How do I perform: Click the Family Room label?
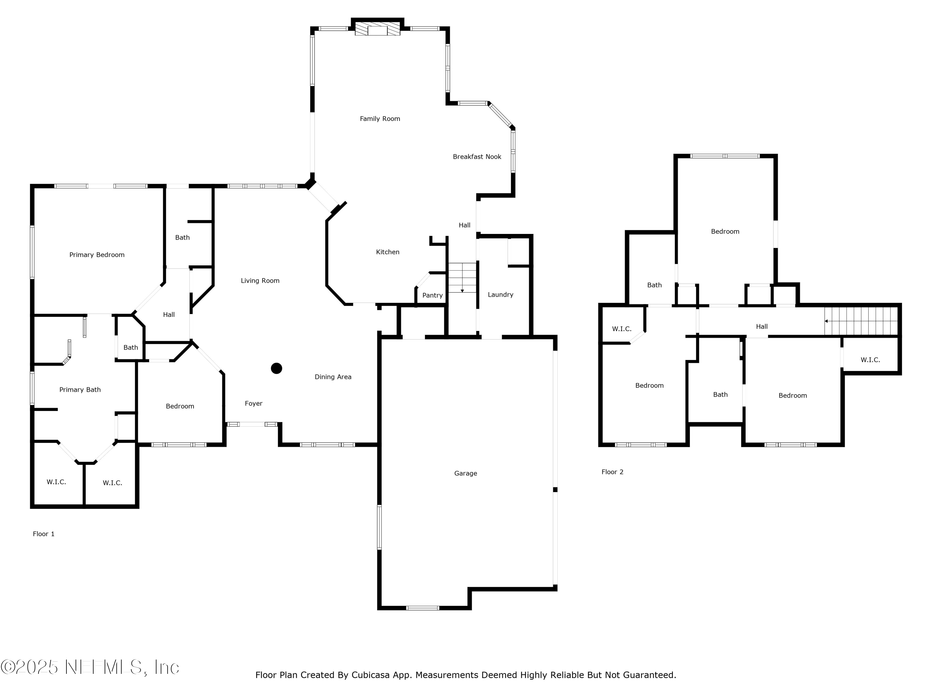click(x=380, y=119)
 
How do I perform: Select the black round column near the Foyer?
click(x=276, y=368)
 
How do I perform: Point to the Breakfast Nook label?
click(x=477, y=157)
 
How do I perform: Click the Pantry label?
click(x=432, y=295)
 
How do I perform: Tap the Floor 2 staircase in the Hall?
click(x=861, y=321)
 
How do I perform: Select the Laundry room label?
click(x=500, y=295)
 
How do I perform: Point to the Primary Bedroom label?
click(x=97, y=255)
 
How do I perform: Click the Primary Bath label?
click(x=80, y=390)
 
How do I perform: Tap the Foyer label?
click(x=253, y=404)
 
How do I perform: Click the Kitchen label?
click(x=387, y=252)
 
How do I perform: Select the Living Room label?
click(x=260, y=281)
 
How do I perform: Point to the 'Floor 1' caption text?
click(x=43, y=534)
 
